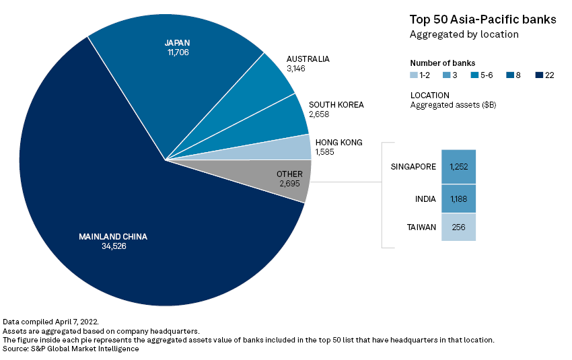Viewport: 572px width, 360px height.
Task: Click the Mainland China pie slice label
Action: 112,237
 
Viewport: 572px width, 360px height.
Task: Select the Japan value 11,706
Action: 178,52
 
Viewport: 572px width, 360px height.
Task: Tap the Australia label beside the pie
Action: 308,59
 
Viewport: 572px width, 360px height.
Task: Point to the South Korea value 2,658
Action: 320,115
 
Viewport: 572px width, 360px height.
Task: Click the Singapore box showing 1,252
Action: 459,167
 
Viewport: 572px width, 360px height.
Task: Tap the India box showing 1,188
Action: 459,199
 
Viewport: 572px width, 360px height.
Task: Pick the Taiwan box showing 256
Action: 459,227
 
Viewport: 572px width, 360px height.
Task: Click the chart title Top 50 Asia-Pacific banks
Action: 482,20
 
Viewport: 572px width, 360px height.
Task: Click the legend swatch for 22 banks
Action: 538,75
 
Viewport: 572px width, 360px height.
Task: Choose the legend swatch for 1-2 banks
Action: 415,75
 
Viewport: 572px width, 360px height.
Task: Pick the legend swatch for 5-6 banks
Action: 474,75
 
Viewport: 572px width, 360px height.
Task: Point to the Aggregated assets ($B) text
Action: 453,105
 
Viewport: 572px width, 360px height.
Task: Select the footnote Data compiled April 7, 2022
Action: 51,322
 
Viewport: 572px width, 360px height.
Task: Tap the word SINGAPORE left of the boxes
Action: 413,167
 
